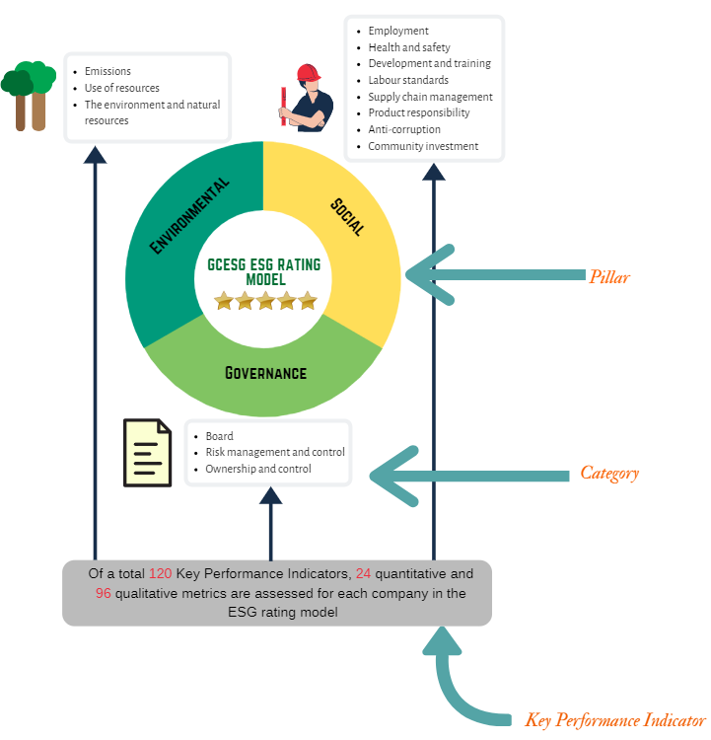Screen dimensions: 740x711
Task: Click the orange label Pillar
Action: click(x=608, y=277)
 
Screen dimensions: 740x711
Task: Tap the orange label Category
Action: click(x=608, y=474)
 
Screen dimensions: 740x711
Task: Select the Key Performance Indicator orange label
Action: click(x=615, y=720)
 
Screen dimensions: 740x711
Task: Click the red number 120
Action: click(x=161, y=574)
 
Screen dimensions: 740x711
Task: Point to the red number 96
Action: click(x=104, y=593)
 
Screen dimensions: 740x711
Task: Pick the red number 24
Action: click(x=364, y=574)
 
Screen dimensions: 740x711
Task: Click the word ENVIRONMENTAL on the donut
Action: click(x=190, y=216)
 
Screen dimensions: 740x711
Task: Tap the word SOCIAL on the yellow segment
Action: click(x=347, y=216)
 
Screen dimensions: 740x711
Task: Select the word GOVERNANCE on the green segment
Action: click(x=265, y=373)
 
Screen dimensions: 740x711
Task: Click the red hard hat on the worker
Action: click(x=309, y=73)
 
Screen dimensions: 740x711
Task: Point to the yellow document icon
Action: click(x=147, y=453)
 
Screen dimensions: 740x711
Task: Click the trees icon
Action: click(x=29, y=95)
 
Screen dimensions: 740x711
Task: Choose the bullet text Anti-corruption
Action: click(x=404, y=129)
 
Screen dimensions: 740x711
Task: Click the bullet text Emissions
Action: click(x=107, y=71)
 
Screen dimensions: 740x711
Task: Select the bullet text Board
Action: click(x=219, y=436)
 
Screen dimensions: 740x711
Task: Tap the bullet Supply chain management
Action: click(x=430, y=97)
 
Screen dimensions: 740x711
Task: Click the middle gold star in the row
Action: click(x=265, y=300)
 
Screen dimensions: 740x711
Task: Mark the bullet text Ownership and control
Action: click(x=258, y=469)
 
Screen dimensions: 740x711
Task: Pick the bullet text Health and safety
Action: click(x=408, y=47)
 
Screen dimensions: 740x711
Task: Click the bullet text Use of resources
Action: click(x=122, y=88)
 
